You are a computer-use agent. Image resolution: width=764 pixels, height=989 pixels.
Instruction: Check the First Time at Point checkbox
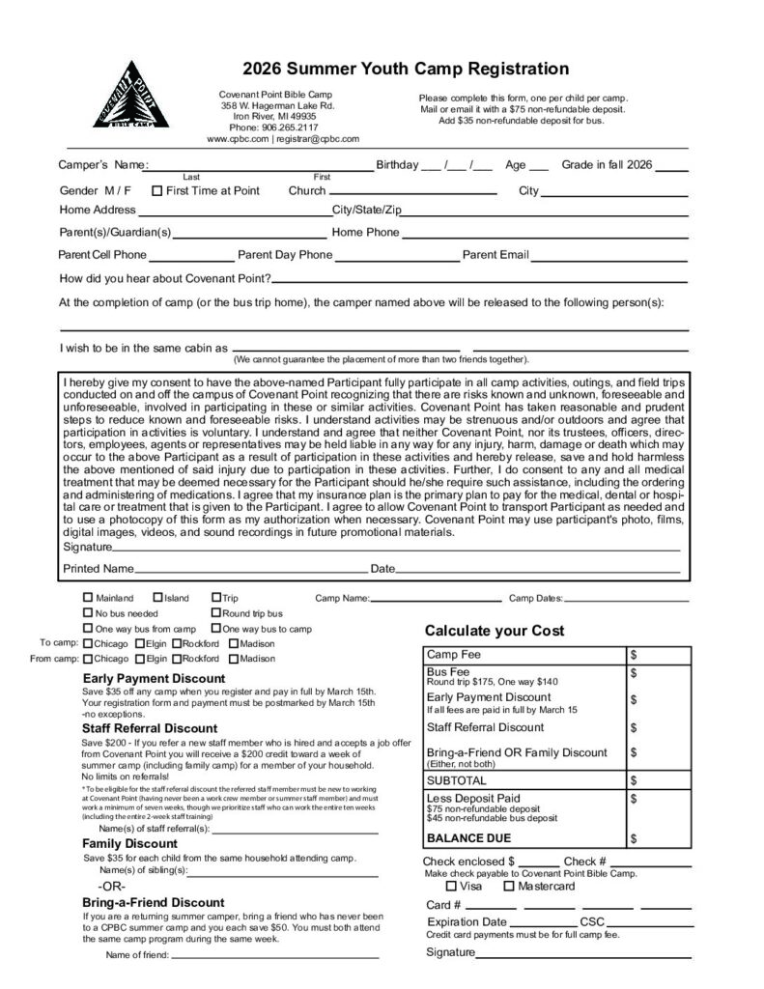[x=157, y=191]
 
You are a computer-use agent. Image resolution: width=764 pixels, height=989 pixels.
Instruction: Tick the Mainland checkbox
[x=89, y=598]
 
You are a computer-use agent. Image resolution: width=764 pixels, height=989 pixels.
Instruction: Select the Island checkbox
[x=157, y=598]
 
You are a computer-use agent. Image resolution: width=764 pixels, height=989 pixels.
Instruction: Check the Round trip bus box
[x=215, y=613]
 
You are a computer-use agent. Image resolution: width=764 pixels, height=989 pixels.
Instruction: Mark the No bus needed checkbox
[x=89, y=613]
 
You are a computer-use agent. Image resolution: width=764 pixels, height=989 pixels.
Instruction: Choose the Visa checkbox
[x=451, y=886]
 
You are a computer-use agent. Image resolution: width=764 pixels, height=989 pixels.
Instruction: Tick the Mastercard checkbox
[x=509, y=886]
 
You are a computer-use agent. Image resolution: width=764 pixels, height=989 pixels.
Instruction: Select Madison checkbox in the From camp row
[x=233, y=659]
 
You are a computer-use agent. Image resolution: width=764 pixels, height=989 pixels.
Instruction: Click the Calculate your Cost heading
[x=495, y=631]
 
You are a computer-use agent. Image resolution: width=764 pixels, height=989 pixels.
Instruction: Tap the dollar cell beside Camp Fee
[x=660, y=655]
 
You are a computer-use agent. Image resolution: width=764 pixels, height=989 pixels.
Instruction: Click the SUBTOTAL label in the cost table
[x=457, y=779]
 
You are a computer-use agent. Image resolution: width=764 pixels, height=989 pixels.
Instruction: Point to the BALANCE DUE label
[x=468, y=838]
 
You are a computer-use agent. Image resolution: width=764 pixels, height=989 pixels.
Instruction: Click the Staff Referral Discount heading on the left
[x=150, y=728]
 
